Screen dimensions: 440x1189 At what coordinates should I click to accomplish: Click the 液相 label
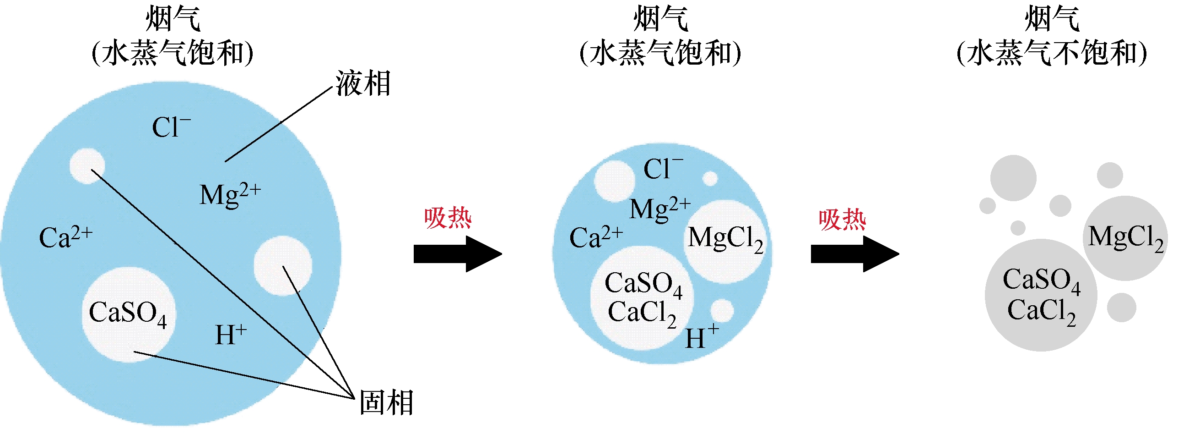[363, 84]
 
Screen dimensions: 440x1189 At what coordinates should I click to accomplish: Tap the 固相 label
[386, 402]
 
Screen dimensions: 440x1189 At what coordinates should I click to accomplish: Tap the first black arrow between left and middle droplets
[457, 254]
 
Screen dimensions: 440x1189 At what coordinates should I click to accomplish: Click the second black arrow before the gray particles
[854, 254]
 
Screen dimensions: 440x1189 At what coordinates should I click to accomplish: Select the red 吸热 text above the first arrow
[448, 218]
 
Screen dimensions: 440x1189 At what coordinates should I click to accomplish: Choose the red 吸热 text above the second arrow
[843, 220]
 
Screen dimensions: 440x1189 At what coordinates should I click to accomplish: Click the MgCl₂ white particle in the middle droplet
[725, 240]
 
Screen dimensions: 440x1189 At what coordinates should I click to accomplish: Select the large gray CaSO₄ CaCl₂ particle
[1041, 295]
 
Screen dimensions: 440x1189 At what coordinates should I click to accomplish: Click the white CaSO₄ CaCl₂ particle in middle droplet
[642, 297]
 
